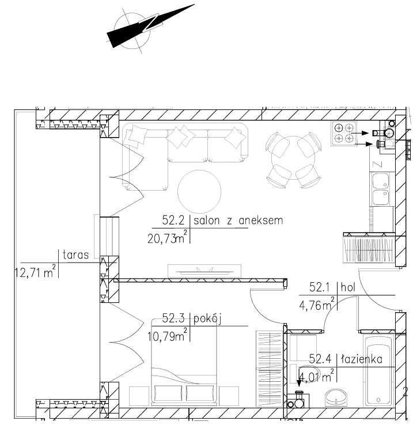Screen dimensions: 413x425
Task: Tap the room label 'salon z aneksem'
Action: click(x=238, y=221)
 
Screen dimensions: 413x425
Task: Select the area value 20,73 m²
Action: click(x=167, y=237)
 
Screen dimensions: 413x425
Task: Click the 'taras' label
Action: click(x=75, y=255)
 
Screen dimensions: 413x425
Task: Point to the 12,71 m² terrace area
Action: click(x=35, y=271)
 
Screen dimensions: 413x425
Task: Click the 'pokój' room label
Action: click(x=207, y=319)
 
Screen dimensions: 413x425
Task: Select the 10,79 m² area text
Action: click(x=167, y=335)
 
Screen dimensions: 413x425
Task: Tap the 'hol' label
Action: click(x=348, y=287)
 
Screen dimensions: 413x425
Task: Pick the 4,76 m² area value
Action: click(x=316, y=304)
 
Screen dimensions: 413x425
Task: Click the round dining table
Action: click(x=293, y=158)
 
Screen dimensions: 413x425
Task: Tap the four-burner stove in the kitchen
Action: click(x=343, y=134)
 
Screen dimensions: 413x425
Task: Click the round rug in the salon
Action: click(x=199, y=192)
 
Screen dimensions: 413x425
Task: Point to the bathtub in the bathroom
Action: click(x=378, y=370)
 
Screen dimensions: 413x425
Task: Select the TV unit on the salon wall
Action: click(x=204, y=271)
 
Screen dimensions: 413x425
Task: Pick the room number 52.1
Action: click(x=320, y=287)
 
